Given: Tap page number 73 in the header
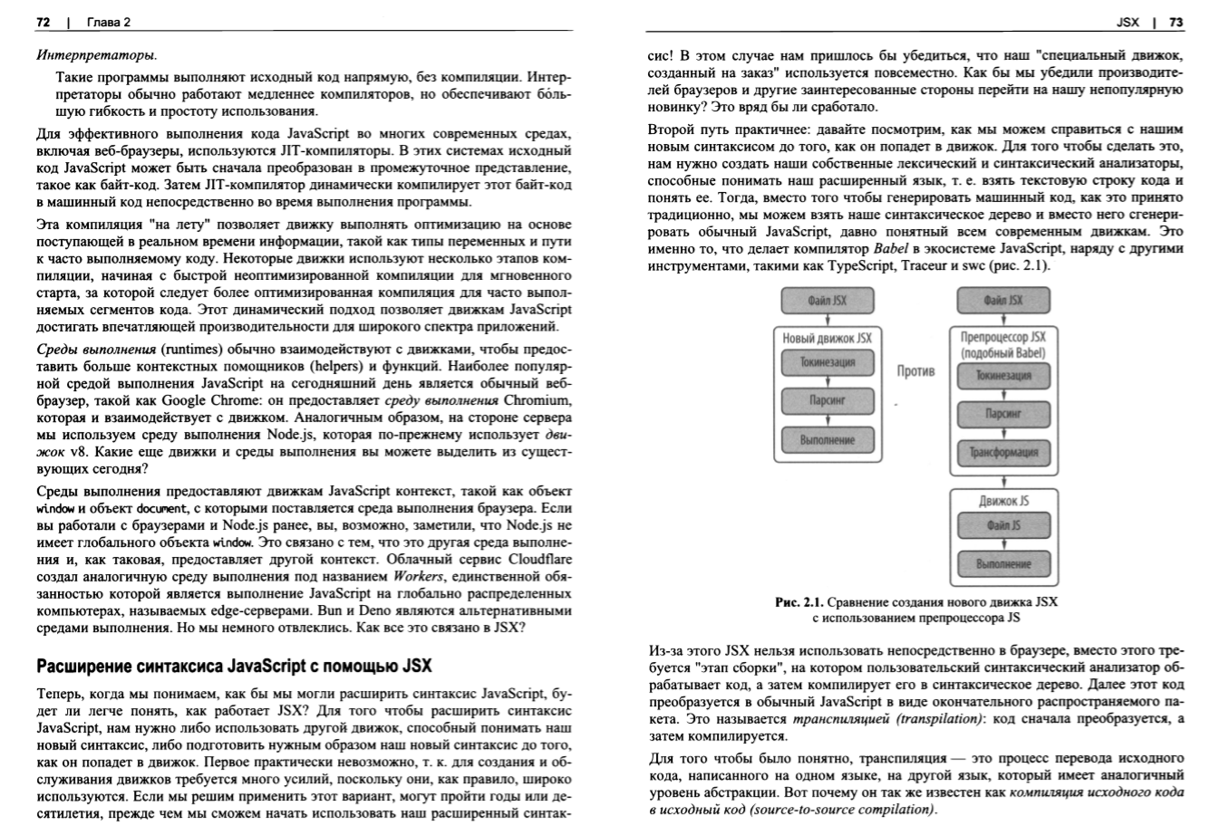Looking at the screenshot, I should click(x=1176, y=22).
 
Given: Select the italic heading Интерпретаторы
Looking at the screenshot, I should click(x=94, y=55).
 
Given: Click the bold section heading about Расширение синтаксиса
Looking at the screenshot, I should click(x=234, y=667).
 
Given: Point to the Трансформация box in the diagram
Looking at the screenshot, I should click(x=1003, y=452).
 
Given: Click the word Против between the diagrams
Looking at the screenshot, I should click(x=915, y=370).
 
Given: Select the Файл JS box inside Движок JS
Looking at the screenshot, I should click(x=1003, y=524).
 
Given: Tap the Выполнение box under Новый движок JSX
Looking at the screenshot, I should click(x=827, y=440).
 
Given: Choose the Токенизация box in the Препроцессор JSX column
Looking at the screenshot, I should click(x=1003, y=375).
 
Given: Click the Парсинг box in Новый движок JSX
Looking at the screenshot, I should click(x=827, y=401).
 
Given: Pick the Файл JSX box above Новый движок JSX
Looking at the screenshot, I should click(x=827, y=301).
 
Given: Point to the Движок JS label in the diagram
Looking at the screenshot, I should click(x=1003, y=500).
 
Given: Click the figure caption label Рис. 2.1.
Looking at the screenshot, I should click(x=798, y=601).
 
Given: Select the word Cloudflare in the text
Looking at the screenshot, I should click(x=541, y=559).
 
